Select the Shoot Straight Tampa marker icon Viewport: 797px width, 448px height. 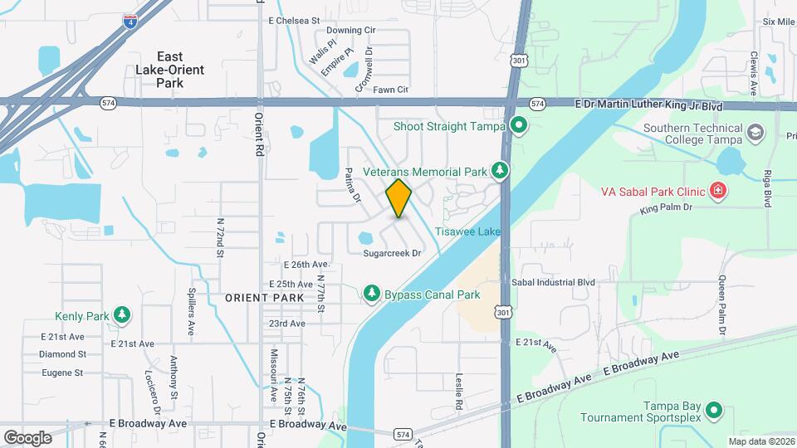pyautogui.click(x=520, y=126)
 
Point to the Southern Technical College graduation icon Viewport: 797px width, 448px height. pyautogui.click(x=755, y=132)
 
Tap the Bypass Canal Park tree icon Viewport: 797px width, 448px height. pyautogui.click(x=371, y=294)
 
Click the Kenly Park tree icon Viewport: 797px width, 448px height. pyautogui.click(x=122, y=315)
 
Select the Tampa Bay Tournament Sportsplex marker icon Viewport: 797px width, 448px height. pyautogui.click(x=713, y=411)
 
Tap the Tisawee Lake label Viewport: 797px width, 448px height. pyautogui.click(x=467, y=231)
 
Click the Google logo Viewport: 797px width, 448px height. pyautogui.click(x=27, y=437)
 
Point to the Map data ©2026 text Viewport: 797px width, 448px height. pyautogui.click(x=761, y=441)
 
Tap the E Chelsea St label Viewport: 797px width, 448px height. pyautogui.click(x=294, y=20)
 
